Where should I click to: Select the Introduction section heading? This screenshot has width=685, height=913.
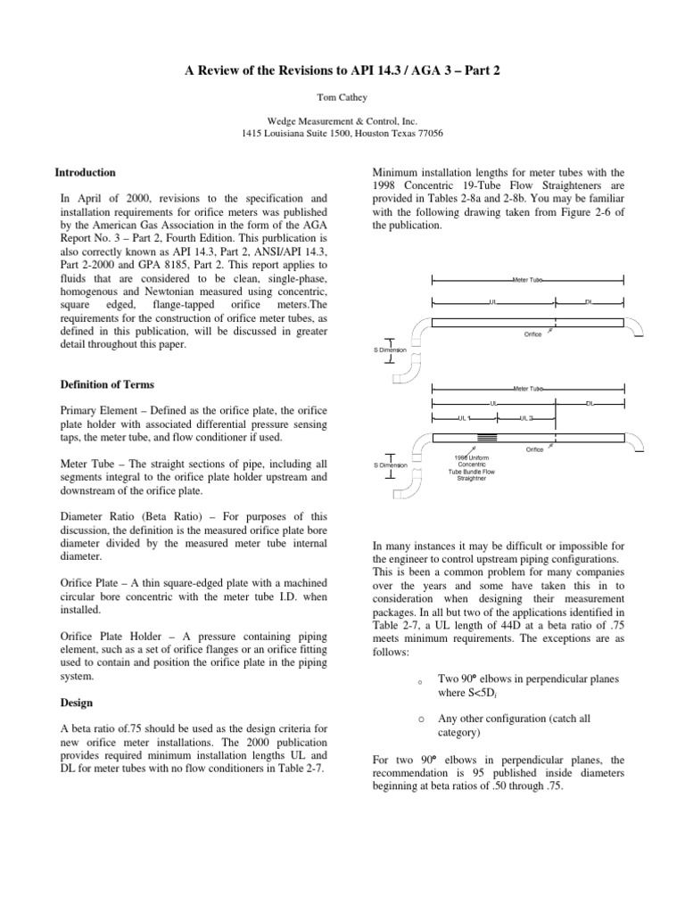(85, 172)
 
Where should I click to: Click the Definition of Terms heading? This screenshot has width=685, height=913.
(106, 384)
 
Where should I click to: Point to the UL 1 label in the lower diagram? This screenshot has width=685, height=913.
(464, 417)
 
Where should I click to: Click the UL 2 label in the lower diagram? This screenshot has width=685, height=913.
(525, 417)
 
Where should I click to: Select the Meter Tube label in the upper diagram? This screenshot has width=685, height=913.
(527, 280)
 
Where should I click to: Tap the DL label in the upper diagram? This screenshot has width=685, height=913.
(589, 302)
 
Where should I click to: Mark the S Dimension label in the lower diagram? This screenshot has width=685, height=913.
(390, 465)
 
